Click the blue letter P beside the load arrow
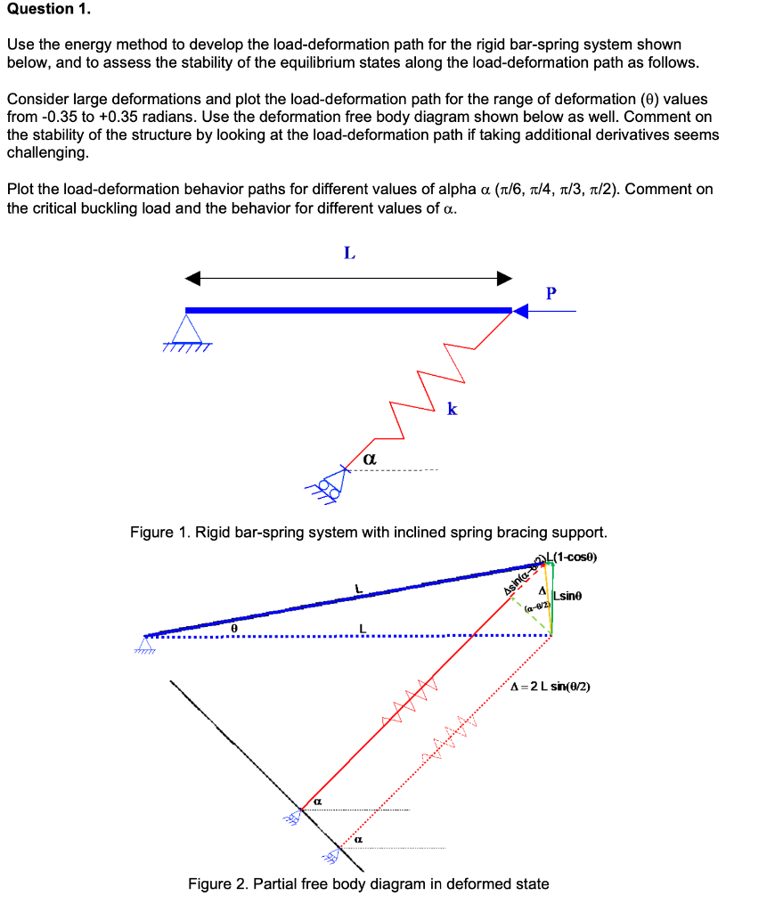pos(551,291)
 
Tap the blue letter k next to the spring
pos(453,409)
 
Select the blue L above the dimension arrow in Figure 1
pos(349,254)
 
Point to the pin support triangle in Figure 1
pos(186,330)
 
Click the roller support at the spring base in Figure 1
pos(331,482)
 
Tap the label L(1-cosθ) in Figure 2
pos(574,558)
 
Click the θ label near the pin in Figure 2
pos(233,628)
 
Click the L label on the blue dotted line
pos(361,630)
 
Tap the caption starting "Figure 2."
pos(368,883)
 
